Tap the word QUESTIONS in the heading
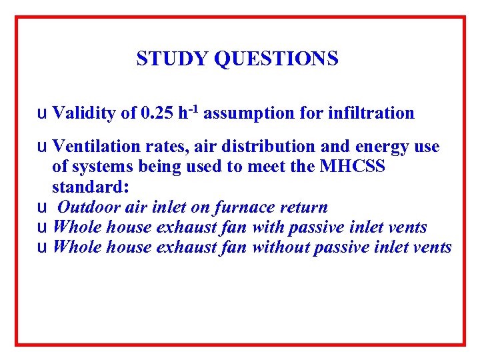(276, 59)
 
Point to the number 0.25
(157, 113)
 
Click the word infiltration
(371, 113)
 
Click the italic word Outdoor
(84, 207)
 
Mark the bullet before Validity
(42, 114)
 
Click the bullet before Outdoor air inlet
(42, 208)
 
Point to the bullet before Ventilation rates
(42, 147)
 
